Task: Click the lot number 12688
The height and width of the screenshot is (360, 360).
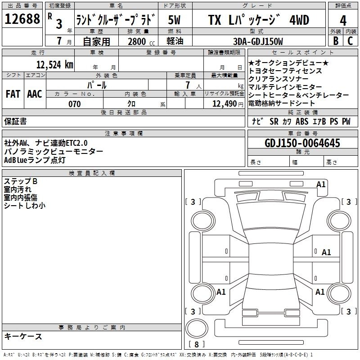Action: coord(22,19)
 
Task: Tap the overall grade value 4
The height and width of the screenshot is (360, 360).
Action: coord(343,21)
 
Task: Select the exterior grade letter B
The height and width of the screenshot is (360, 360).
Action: coord(336,41)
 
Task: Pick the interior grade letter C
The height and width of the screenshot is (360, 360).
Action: coord(350,41)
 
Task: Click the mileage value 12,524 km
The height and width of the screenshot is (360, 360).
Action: coord(55,64)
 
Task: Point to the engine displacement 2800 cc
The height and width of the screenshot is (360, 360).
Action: coord(141,41)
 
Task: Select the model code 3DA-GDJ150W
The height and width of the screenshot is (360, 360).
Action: coord(258,41)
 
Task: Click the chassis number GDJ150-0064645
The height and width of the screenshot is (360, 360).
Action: coord(302,143)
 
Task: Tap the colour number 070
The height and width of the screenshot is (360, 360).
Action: coord(75,104)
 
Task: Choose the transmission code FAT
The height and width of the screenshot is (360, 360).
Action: coord(13,94)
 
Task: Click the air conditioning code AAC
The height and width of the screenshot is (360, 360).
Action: coord(35,94)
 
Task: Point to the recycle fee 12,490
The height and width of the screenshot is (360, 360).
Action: coord(225,104)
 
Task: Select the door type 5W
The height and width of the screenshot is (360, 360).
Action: coord(174,20)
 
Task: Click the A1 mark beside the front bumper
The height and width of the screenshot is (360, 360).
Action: coord(321,184)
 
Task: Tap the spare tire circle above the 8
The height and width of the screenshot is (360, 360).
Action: coord(197,328)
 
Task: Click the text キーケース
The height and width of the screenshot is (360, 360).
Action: coord(23,337)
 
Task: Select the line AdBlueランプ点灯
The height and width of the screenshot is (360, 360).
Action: coord(35,160)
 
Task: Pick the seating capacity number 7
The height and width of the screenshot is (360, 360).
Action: coord(188,85)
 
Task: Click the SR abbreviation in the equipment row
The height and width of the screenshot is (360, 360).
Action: coord(274,121)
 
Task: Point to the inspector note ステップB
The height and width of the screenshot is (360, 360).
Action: coord(21,181)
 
